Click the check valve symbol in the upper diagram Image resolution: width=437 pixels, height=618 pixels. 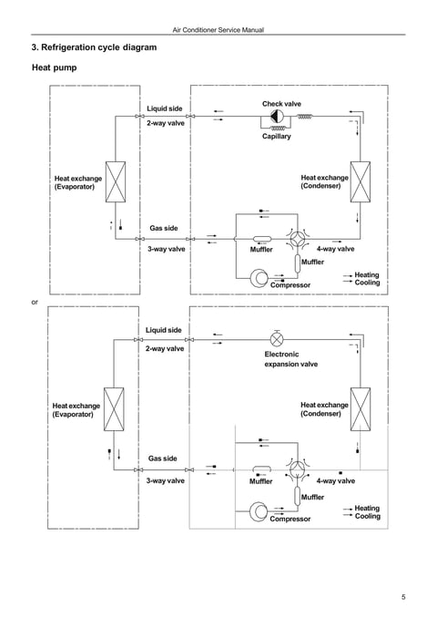(x=277, y=117)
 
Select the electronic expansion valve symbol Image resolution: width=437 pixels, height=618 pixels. (x=277, y=339)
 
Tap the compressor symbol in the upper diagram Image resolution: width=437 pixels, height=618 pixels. (x=259, y=278)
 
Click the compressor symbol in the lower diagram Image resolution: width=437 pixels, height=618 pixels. (x=259, y=511)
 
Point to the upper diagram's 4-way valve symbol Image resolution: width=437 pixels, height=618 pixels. (x=298, y=238)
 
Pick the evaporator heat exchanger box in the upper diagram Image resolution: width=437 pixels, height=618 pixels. (x=116, y=181)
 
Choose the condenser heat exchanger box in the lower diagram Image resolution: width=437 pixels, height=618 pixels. (x=361, y=409)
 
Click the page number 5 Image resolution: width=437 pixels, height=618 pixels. (x=403, y=597)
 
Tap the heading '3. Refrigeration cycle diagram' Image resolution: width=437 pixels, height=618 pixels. (x=94, y=47)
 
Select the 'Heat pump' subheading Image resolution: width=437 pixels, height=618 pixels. (x=55, y=67)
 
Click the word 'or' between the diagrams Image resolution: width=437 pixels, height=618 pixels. (x=35, y=303)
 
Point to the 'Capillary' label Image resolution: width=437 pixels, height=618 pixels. (x=277, y=137)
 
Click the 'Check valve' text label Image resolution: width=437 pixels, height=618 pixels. (x=281, y=104)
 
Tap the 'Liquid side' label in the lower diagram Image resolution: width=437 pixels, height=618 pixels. (x=163, y=330)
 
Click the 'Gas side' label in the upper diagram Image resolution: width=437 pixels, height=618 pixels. (x=163, y=228)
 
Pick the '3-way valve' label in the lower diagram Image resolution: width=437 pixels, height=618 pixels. (x=166, y=480)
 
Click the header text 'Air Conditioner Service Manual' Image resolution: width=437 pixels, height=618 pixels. (x=218, y=29)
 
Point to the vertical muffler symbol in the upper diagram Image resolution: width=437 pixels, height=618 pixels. (x=298, y=263)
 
